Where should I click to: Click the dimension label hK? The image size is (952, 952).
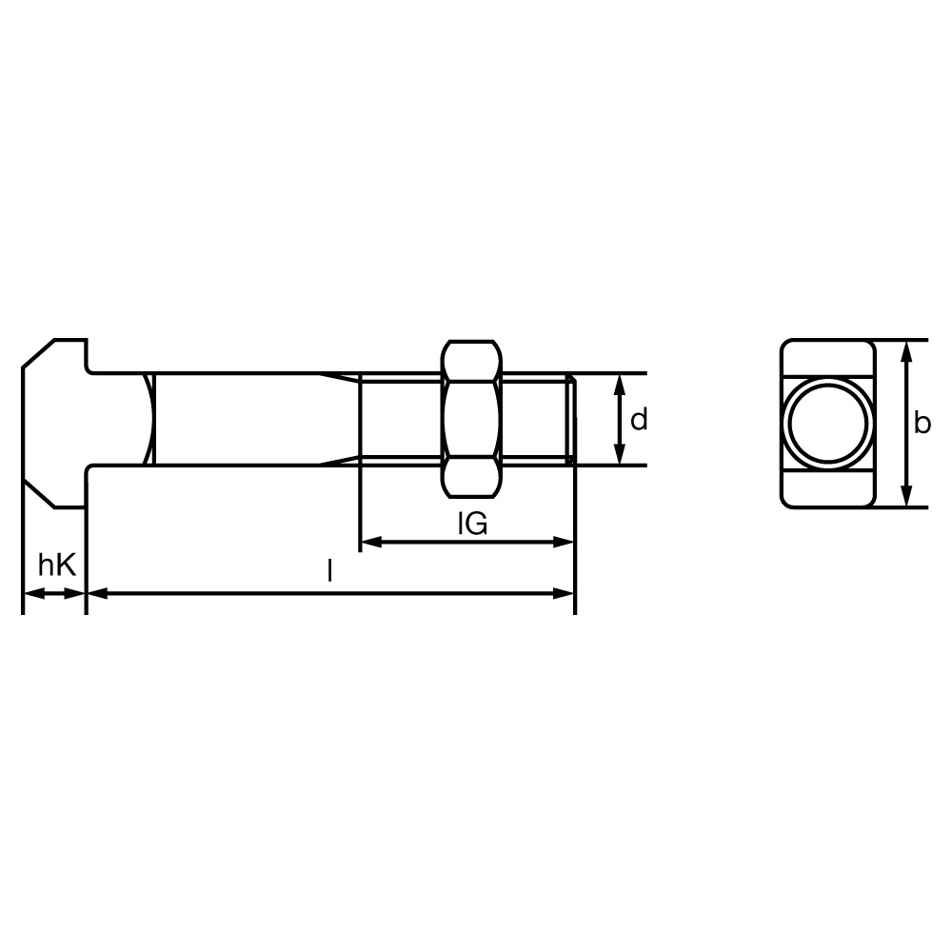click(56, 565)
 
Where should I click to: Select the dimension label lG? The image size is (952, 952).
click(472, 524)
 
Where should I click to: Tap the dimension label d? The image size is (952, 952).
click(639, 420)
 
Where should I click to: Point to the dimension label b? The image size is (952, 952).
click(922, 423)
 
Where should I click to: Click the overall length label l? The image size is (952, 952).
click(329, 570)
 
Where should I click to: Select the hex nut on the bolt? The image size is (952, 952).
click(472, 419)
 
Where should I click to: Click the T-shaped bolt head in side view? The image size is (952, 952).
click(54, 424)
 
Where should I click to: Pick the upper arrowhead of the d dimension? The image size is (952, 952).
click(620, 385)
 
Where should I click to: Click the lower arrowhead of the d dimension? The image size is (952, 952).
click(620, 454)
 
